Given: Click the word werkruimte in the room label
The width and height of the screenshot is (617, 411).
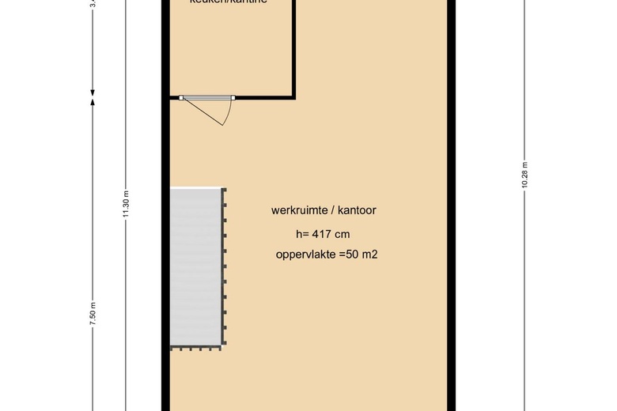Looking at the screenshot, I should coord(298,210).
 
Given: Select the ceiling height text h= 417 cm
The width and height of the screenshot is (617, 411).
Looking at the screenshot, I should coord(322,234).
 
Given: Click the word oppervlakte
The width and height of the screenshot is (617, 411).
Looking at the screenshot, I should coord(305,255).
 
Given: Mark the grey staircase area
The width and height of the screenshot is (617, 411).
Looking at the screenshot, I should coord(195,267).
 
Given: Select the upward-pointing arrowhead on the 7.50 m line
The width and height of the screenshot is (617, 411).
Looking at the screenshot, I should coord(93,100).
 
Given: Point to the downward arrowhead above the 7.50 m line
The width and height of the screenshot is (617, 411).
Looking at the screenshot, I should coord(93,89).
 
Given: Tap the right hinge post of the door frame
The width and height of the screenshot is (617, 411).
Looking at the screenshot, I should coord(232,97).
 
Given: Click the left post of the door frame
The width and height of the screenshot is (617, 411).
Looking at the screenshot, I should coord(181,97).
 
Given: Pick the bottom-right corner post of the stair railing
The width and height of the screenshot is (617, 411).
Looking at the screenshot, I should coord(225,347).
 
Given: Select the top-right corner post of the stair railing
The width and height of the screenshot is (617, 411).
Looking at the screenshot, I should coord(225,190).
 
